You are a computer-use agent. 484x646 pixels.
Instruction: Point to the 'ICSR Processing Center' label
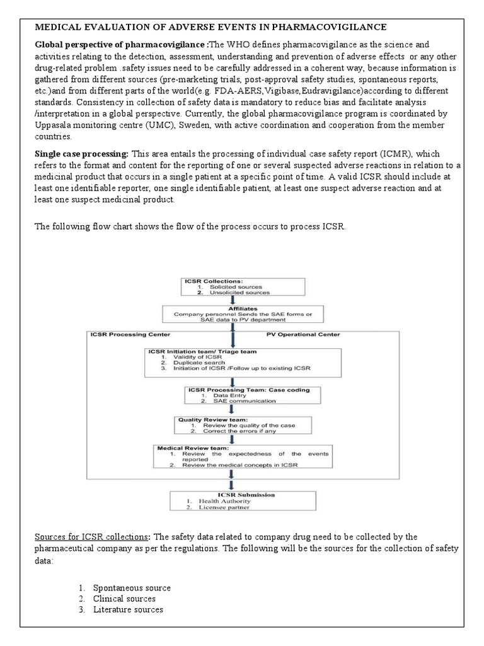(x=128, y=334)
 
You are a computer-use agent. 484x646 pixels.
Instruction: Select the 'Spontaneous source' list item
(x=132, y=588)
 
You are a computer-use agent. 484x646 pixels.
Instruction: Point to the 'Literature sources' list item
(x=128, y=609)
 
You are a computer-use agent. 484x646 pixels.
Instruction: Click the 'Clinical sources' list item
(x=124, y=599)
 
